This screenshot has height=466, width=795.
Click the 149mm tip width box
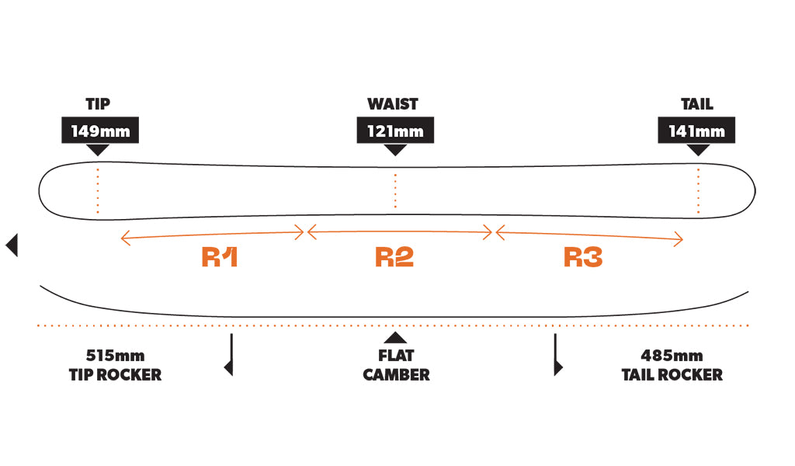100,130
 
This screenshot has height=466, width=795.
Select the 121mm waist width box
395,130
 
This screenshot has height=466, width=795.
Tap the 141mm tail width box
696,130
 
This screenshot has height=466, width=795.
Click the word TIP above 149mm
98,104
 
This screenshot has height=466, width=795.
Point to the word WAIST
393,104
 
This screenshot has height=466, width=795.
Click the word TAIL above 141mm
696,104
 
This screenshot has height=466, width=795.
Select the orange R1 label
220,258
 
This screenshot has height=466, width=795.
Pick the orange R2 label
394,258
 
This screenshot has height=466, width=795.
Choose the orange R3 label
583,258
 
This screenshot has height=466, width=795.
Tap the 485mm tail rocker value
672,356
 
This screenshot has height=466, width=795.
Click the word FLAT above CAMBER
396,356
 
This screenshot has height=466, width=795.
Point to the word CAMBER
396,375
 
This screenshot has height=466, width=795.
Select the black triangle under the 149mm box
98,150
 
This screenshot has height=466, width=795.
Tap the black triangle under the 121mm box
395,150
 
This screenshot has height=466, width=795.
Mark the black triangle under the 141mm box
698,150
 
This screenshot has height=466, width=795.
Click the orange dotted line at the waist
395,190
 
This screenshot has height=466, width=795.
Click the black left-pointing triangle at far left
12,245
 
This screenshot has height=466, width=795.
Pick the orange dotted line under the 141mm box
698,190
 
